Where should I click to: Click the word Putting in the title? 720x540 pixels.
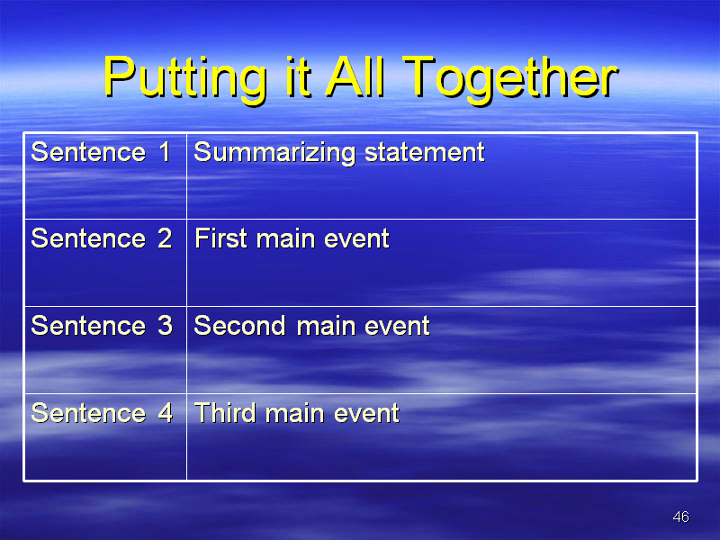(185, 78)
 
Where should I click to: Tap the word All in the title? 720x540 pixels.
(355, 76)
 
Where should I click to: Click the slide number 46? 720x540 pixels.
(680, 517)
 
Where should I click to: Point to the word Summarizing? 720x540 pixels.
(274, 153)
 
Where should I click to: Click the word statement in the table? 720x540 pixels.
(424, 152)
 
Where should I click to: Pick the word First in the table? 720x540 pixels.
(220, 238)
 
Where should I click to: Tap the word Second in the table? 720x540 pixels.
(239, 326)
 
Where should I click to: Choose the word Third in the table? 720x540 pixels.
(225, 412)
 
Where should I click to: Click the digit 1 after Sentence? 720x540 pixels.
(166, 152)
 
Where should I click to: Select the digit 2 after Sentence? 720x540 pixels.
(165, 238)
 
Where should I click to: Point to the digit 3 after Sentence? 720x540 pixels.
(165, 326)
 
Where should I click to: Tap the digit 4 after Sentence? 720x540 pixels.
(166, 412)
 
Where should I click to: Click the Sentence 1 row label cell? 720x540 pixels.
(105, 175)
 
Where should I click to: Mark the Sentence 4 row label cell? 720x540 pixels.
(105, 436)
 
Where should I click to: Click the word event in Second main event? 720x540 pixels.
(397, 326)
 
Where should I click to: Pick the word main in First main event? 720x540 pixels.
(285, 238)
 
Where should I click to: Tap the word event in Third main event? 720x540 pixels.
(366, 413)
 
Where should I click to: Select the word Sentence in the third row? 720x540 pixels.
(88, 326)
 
